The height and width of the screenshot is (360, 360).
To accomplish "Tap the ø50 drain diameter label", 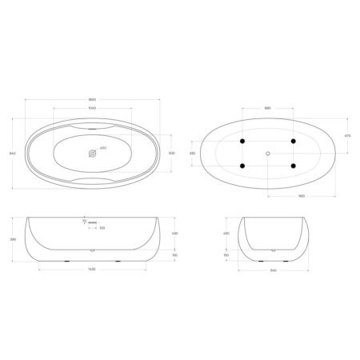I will coord(104,149).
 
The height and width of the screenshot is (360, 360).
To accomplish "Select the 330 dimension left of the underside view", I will coord(191,152).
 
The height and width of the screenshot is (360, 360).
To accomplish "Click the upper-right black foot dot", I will coord(294,141).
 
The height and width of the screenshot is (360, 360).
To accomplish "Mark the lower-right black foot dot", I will coord(294,166).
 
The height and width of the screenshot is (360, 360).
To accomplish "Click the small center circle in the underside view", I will coord(267,153).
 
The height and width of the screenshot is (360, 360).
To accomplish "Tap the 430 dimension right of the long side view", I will coord(176,232).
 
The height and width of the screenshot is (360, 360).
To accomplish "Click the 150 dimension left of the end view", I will coord(226,255).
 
